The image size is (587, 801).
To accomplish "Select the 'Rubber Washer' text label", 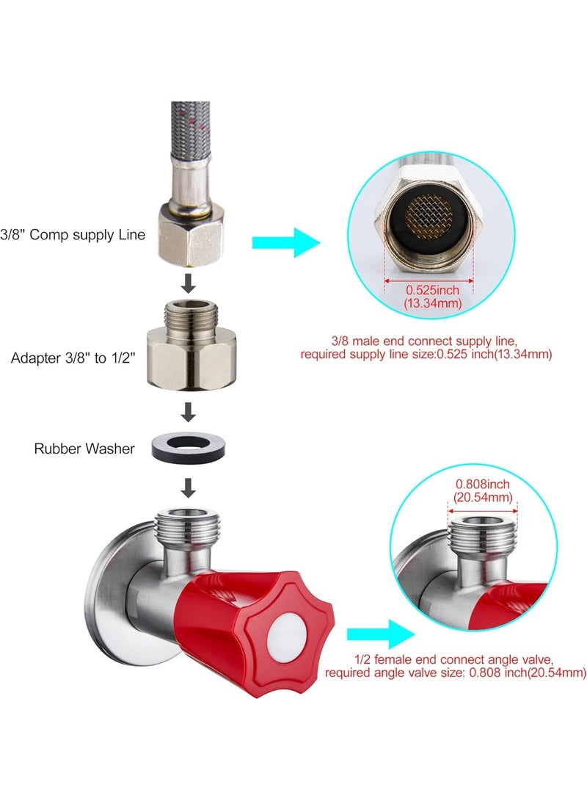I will [84, 448].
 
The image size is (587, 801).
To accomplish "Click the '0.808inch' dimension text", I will [482, 485].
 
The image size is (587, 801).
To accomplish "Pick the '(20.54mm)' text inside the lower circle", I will [482, 497].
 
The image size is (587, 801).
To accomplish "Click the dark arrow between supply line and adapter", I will [189, 283].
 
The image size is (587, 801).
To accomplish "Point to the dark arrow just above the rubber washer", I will [189, 412].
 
